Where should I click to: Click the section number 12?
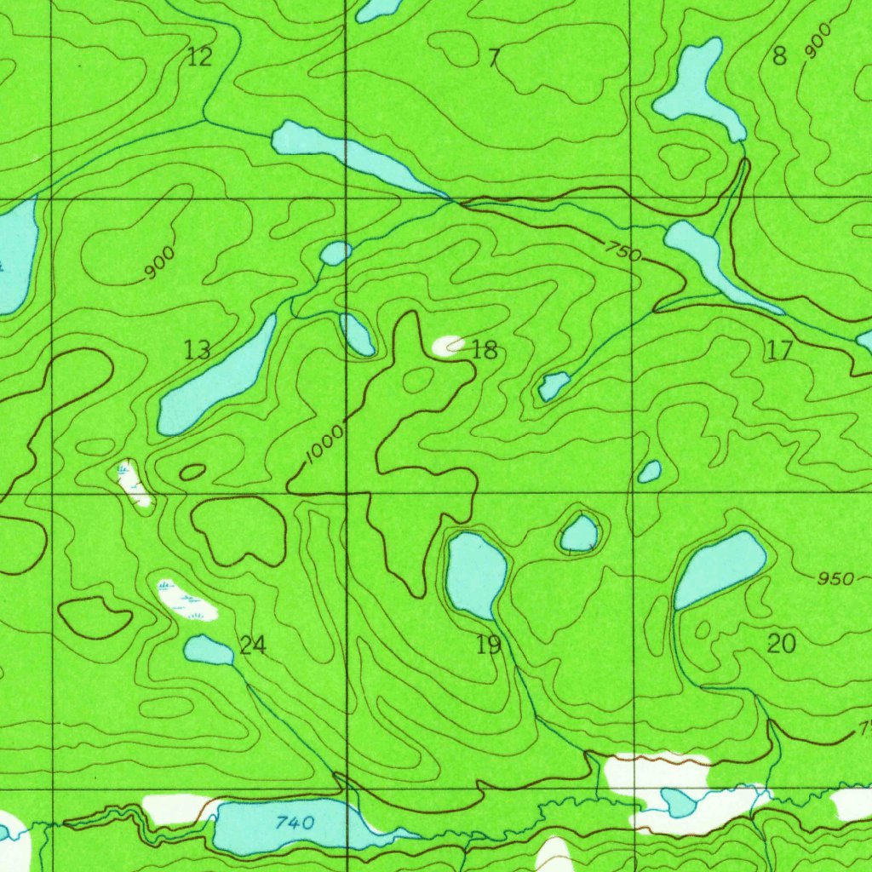tap(199, 58)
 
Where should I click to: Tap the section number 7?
tap(494, 58)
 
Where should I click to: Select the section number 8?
tap(779, 57)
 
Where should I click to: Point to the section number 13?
tap(198, 349)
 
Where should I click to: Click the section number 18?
tap(484, 349)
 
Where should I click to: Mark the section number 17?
tap(779, 349)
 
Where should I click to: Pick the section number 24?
tap(252, 645)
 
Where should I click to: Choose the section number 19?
tap(488, 645)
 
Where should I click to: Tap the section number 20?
tap(781, 644)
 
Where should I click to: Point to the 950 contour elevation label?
tap(835, 579)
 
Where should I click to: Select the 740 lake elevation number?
tap(295, 823)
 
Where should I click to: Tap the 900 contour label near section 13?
tap(159, 262)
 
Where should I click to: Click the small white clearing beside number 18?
tap(449, 344)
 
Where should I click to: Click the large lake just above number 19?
tap(475, 573)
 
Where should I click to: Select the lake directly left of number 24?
tap(208, 651)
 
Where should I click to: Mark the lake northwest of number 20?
tap(720, 569)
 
